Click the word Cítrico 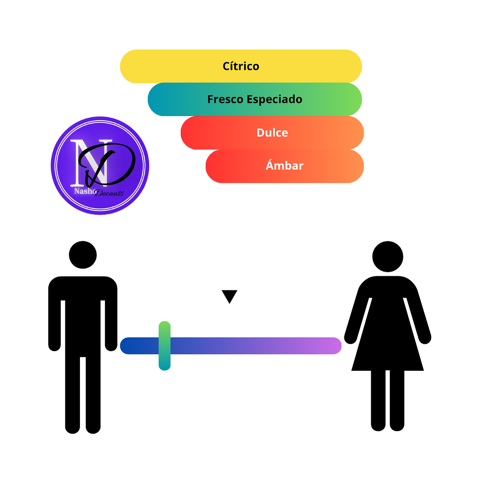coord(241,66)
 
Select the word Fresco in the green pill coord(225,99)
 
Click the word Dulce coord(272,133)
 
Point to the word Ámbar coord(285,165)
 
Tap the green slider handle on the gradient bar coord(164,346)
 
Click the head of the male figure coord(83,255)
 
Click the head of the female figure coord(388,257)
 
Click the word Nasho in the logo coord(85,191)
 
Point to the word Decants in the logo coord(109,193)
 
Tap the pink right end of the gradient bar coord(335,346)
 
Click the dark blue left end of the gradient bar coord(128,346)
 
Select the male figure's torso coord(83,317)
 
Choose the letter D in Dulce coord(261,133)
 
